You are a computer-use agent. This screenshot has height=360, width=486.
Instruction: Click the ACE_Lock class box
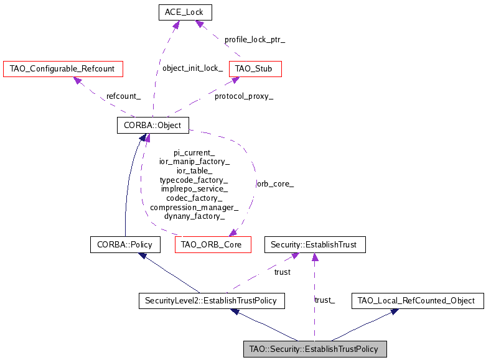185,12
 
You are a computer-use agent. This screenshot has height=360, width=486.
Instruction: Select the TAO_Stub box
255,68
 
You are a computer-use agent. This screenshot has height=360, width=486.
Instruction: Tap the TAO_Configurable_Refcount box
62,68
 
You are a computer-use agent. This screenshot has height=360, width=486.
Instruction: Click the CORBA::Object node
152,125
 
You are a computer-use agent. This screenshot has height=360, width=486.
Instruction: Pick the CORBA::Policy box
125,244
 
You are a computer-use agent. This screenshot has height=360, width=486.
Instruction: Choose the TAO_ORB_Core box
213,244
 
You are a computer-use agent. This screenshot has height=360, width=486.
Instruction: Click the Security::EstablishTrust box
315,244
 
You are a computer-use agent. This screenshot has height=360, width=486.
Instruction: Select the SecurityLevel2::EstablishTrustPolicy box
212,301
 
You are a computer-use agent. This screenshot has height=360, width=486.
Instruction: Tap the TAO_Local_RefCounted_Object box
417,301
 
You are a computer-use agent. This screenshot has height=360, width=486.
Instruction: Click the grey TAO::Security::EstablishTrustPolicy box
315,349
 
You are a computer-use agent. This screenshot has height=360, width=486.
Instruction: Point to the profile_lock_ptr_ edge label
255,40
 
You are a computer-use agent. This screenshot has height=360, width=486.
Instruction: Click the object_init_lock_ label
192,68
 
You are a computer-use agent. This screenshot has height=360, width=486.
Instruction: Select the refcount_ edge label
123,96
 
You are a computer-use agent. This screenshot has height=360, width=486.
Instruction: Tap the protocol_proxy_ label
244,96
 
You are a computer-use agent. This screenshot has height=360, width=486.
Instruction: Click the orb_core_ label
275,184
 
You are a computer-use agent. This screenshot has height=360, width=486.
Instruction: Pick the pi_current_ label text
194,152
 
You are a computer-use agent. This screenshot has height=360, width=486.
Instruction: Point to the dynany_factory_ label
194,216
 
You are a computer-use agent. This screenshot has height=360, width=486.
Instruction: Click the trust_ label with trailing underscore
325,301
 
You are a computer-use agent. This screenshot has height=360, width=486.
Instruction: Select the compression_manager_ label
194,207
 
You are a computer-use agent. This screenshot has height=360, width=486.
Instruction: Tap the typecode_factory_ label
194,180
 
